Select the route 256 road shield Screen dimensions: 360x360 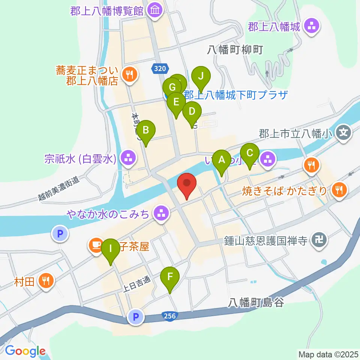tap(169, 316)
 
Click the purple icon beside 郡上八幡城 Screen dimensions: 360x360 tap(312, 26)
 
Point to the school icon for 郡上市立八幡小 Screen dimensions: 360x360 tap(344, 132)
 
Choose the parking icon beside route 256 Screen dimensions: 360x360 tap(135, 317)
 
